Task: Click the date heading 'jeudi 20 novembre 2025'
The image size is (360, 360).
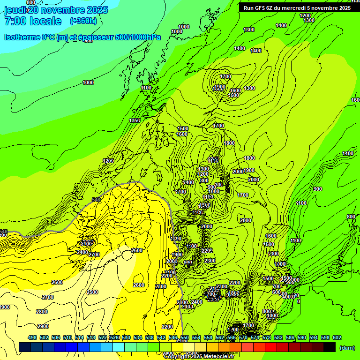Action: click(56, 10)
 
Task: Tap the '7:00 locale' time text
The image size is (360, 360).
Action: click(33, 21)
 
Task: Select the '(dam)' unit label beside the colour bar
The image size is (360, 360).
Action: click(347, 348)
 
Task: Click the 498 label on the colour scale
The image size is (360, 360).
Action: click(32, 337)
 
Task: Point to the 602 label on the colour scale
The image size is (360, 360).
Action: click(337, 337)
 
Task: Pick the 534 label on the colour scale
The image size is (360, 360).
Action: click(138, 337)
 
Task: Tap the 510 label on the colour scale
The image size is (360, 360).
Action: click(67, 337)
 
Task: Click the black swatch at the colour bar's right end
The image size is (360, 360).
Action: click(330, 347)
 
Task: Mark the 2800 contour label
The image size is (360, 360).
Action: click(42, 312)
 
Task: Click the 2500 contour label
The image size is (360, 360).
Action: click(92, 292)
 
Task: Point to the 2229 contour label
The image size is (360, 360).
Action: click(207, 251)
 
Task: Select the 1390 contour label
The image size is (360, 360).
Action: click(135, 121)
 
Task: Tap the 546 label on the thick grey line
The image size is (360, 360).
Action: click(96, 200)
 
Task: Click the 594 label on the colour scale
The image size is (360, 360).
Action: click(313, 337)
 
